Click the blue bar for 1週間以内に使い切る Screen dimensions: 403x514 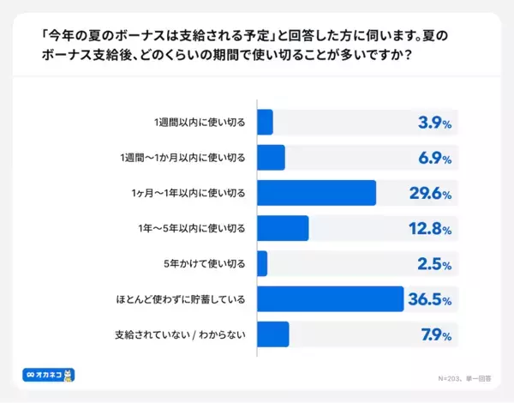pos(265,123)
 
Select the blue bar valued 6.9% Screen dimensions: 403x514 pos(271,158)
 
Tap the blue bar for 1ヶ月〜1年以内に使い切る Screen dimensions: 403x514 pos(316,193)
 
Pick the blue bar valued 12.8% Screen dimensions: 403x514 pos(283,228)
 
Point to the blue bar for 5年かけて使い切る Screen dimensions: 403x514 pos(262,263)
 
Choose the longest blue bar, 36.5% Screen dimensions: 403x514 pos(330,298)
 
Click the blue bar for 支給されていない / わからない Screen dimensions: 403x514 pos(272,334)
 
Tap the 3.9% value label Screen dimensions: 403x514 pos(434,123)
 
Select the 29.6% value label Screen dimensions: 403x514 pos(430,193)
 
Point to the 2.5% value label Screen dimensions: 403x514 pos(434,263)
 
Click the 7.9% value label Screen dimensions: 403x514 pos(434,334)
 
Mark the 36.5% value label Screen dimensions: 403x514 pos(430,298)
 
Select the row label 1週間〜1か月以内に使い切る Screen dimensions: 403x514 pos(183,158)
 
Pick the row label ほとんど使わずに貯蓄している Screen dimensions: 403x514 pos(181,298)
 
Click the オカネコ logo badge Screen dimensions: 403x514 pos(49,375)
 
